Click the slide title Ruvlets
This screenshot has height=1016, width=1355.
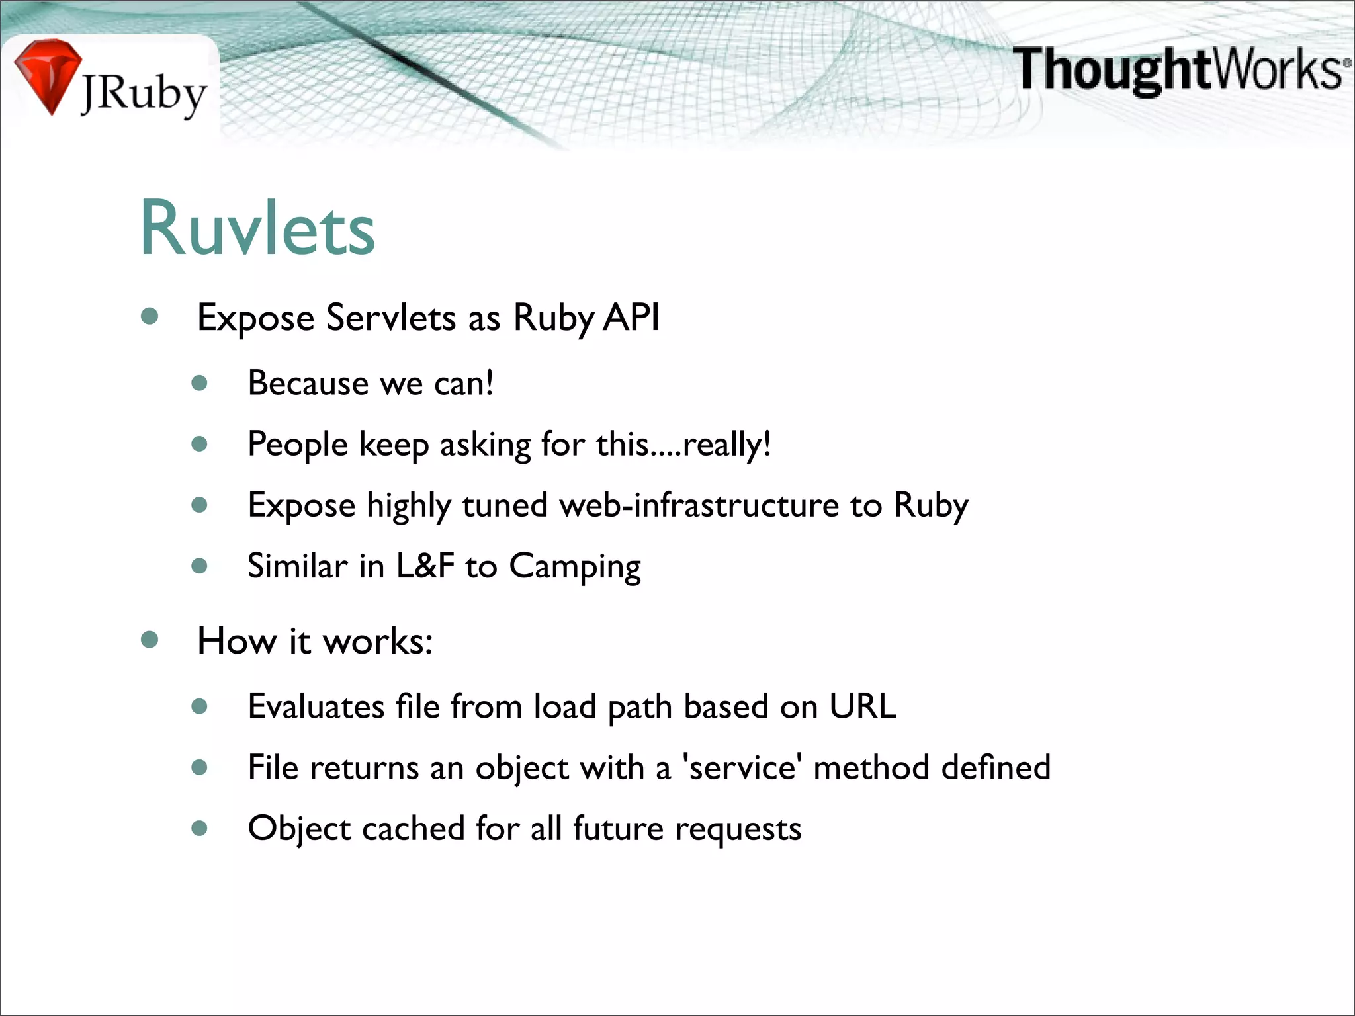(x=257, y=228)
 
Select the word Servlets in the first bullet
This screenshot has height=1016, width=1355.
(x=391, y=317)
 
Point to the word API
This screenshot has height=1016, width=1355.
(x=631, y=317)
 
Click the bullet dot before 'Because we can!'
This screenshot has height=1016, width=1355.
(x=199, y=383)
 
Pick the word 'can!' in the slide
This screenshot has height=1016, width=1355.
(x=463, y=383)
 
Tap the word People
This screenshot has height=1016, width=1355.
(x=297, y=444)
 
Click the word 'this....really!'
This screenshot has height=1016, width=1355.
(x=683, y=444)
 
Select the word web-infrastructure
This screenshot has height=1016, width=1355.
(x=699, y=505)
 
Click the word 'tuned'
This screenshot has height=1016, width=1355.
(x=505, y=505)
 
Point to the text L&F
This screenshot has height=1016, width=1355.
(x=425, y=566)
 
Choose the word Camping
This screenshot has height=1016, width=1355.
(x=574, y=567)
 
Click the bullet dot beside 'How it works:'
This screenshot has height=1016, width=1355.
(x=150, y=640)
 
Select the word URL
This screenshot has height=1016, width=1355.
(x=862, y=706)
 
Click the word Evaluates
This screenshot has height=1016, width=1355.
(x=316, y=706)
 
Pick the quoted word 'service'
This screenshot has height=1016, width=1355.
(x=742, y=768)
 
